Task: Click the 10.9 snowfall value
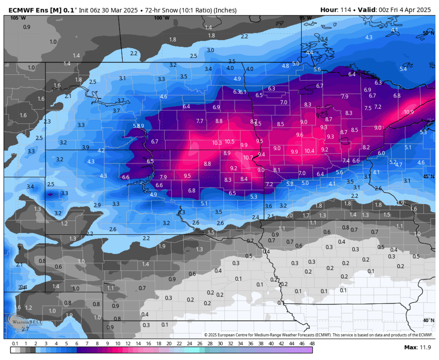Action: (x=409, y=112)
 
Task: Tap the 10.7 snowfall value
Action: (x=248, y=158)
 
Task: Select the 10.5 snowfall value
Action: (x=230, y=141)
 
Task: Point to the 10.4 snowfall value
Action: (x=309, y=151)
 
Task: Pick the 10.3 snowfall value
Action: (x=217, y=143)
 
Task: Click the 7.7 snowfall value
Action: (x=200, y=121)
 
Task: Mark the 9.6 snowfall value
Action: (x=300, y=135)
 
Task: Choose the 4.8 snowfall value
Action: (x=285, y=66)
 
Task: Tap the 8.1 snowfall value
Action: (x=277, y=170)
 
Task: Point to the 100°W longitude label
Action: (x=161, y=18)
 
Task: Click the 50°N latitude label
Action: (x=428, y=33)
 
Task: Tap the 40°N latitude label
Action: (x=428, y=320)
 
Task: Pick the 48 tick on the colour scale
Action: (x=312, y=344)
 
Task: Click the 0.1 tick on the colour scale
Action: (x=15, y=344)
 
